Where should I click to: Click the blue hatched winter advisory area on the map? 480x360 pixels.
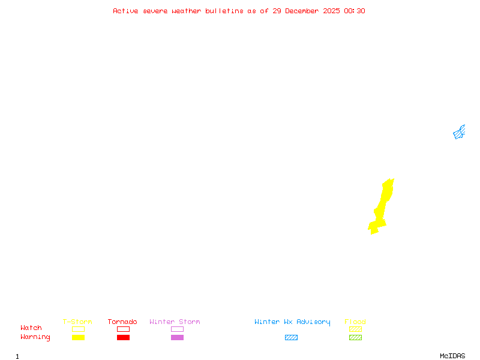pyautogui.click(x=459, y=133)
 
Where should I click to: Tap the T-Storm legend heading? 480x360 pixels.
pyautogui.click(x=77, y=322)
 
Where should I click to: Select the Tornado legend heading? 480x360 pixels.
pyautogui.click(x=122, y=322)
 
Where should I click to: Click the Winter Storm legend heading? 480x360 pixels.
pyautogui.click(x=175, y=322)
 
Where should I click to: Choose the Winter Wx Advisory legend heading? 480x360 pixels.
pyautogui.click(x=292, y=322)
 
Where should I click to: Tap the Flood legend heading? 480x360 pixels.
pyautogui.click(x=355, y=322)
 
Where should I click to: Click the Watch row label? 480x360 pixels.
pyautogui.click(x=31, y=328)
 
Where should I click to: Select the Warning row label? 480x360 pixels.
pyautogui.click(x=35, y=337)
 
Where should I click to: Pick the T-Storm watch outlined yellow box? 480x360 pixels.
pyautogui.click(x=78, y=329)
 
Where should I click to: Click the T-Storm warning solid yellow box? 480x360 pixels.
pyautogui.click(x=78, y=337)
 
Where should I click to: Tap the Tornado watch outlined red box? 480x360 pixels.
pyautogui.click(x=123, y=329)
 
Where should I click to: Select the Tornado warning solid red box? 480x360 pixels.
pyautogui.click(x=123, y=337)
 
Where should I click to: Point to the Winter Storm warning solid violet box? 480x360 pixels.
pyautogui.click(x=177, y=337)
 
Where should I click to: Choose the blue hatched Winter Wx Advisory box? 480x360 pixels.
pyautogui.click(x=291, y=337)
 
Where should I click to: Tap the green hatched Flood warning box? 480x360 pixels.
pyautogui.click(x=355, y=337)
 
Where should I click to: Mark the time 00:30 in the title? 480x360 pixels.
pyautogui.click(x=355, y=11)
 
